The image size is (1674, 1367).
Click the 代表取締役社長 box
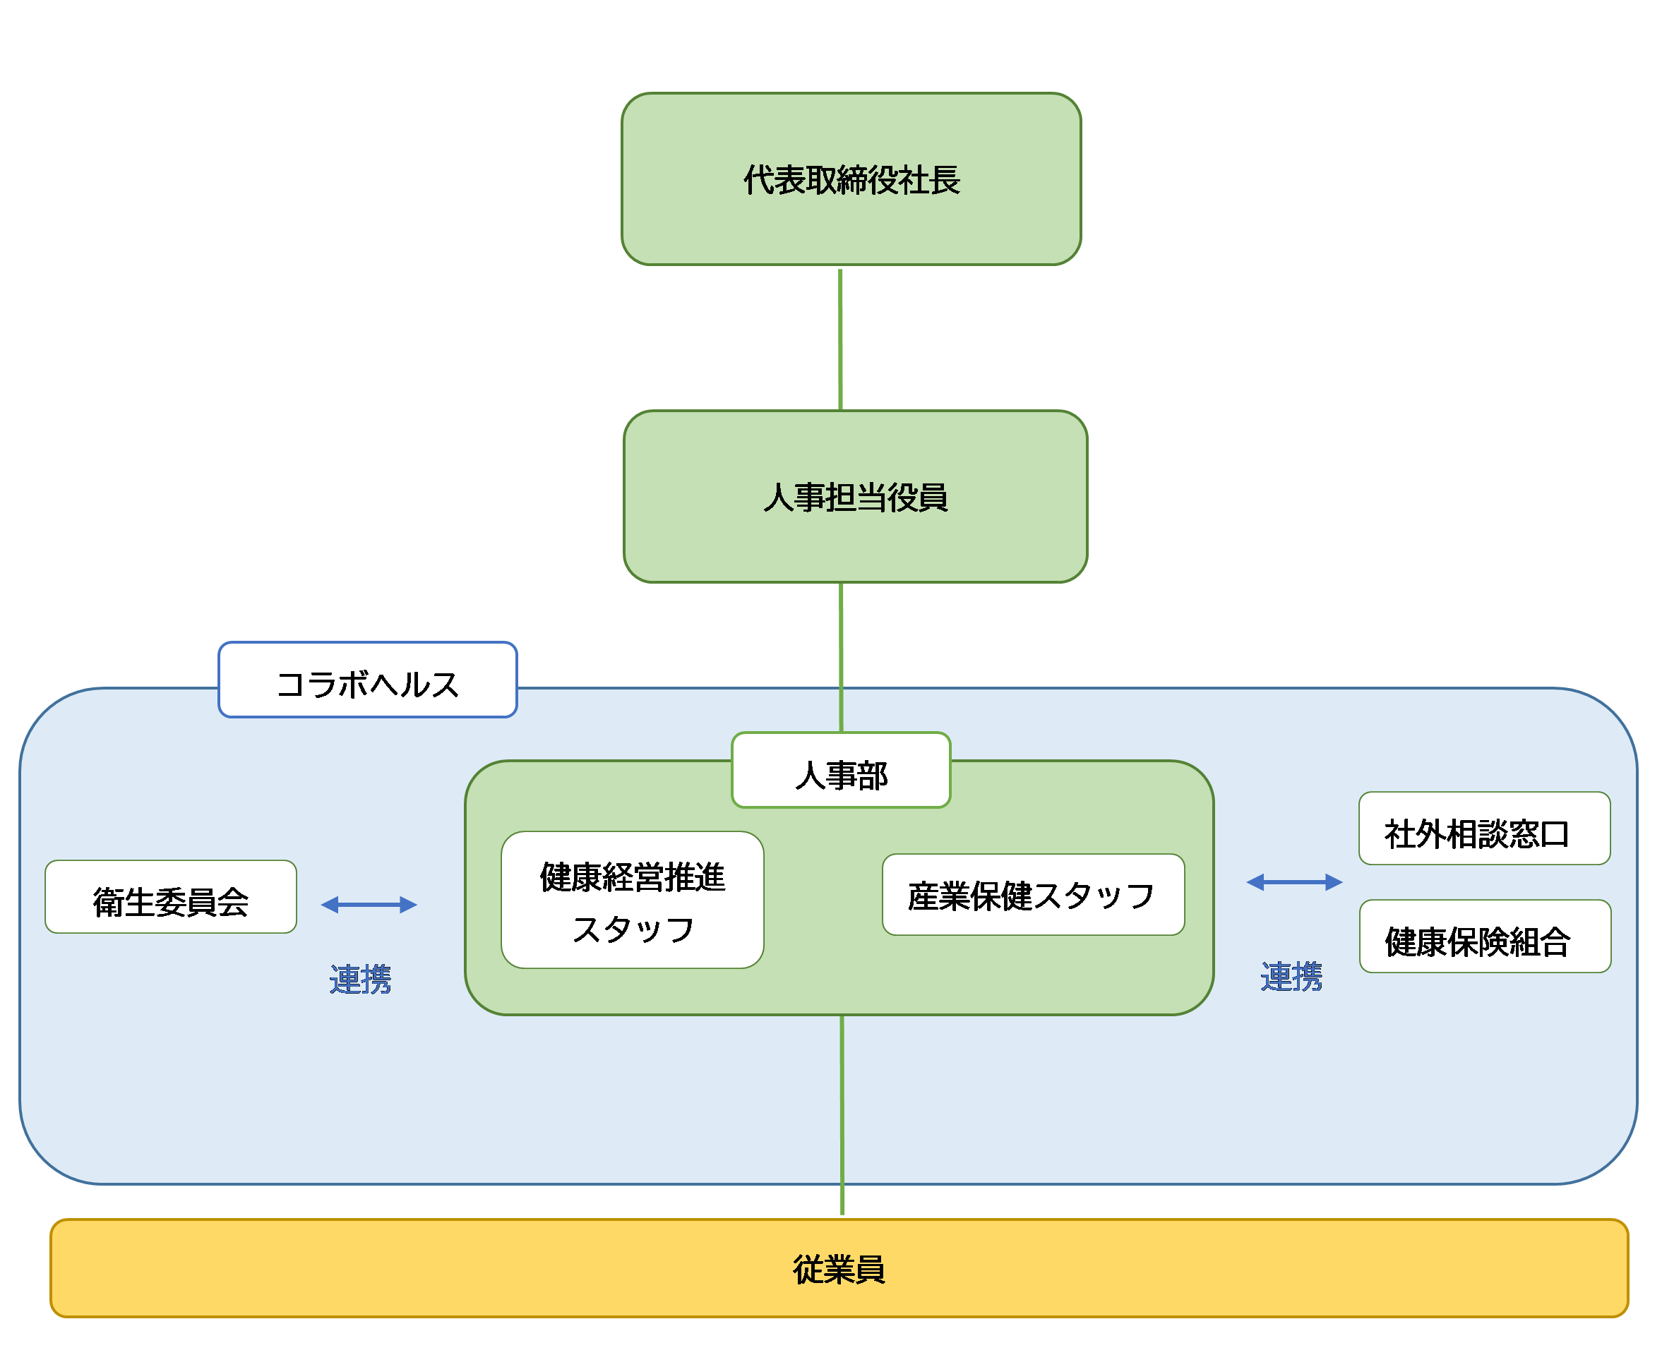pyautogui.click(x=851, y=179)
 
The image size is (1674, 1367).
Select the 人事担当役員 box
pyautogui.click(x=855, y=497)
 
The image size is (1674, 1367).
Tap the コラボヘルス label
pyautogui.click(x=367, y=680)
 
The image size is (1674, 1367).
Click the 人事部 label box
pyautogui.click(x=841, y=770)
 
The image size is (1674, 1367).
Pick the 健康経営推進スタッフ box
pyautogui.click(x=632, y=900)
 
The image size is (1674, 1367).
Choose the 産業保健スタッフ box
pyautogui.click(x=1033, y=895)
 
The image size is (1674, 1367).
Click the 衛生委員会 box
pyautogui.click(x=170, y=897)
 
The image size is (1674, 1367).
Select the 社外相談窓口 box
pyautogui.click(x=1484, y=829)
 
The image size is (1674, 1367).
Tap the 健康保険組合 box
pyautogui.click(x=1485, y=937)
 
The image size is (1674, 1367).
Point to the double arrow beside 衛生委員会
pyautogui.click(x=369, y=905)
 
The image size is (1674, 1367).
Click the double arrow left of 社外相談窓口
pyautogui.click(x=1294, y=882)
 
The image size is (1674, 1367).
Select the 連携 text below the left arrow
pyautogui.click(x=360, y=979)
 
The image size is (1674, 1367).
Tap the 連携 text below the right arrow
pyautogui.click(x=1291, y=977)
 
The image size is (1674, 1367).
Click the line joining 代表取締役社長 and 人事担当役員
pyautogui.click(x=841, y=339)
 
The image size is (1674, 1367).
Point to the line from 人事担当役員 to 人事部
pyautogui.click(x=842, y=658)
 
